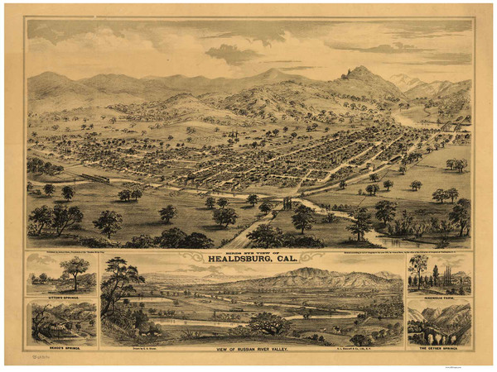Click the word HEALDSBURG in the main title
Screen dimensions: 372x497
(237, 264)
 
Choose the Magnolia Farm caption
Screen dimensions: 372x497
(439, 295)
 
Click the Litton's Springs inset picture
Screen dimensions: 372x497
(61, 273)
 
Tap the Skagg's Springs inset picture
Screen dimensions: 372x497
(61, 323)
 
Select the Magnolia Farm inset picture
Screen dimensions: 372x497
(439, 273)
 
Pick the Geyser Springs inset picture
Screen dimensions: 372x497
(439, 323)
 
